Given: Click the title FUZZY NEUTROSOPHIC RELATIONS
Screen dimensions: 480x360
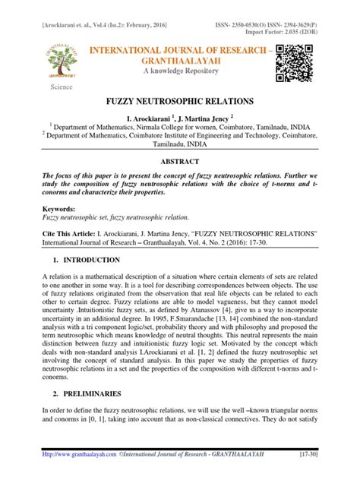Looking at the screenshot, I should pos(180,100).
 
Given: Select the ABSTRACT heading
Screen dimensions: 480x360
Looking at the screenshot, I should pos(180,162).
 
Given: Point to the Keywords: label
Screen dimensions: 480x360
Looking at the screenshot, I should pos(63,207).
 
